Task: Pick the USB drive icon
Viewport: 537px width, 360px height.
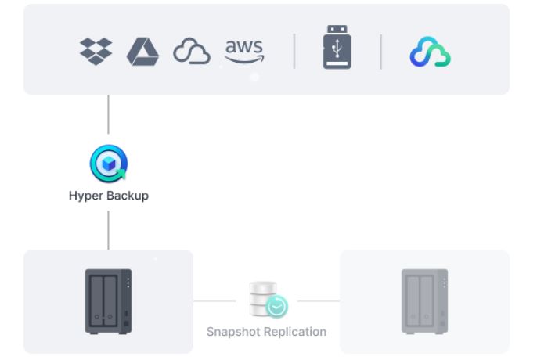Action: (x=336, y=49)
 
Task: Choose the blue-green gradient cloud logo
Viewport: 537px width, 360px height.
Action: (x=430, y=52)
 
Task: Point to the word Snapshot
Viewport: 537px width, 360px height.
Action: (x=233, y=331)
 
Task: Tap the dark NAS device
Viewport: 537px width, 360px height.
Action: (x=107, y=301)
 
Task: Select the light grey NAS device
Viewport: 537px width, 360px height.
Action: (x=424, y=301)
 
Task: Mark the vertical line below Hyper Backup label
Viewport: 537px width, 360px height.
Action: (x=107, y=229)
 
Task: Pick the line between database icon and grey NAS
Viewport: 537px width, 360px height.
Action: (x=318, y=301)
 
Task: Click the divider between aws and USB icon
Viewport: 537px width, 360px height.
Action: (x=295, y=51)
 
